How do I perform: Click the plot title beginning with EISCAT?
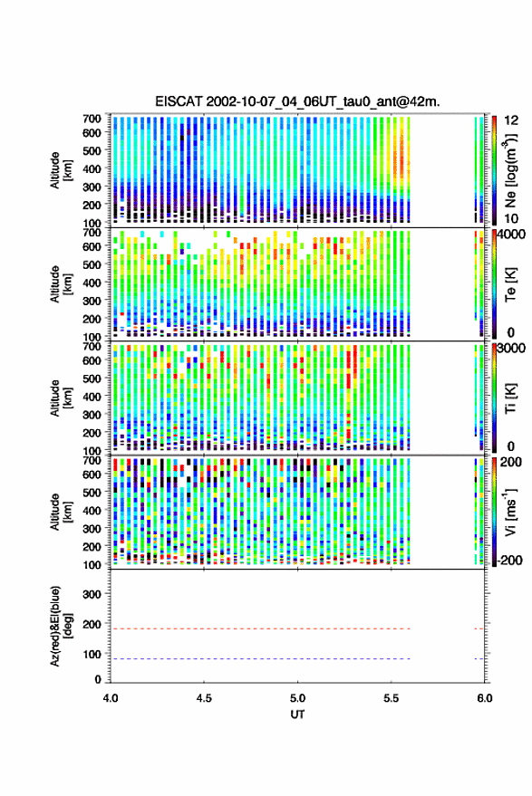click(x=297, y=101)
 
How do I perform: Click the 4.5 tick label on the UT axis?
click(x=204, y=698)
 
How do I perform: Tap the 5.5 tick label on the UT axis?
click(x=392, y=698)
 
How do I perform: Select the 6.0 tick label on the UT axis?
click(x=485, y=698)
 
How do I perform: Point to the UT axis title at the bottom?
click(x=297, y=714)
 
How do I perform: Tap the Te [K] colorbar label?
click(x=510, y=284)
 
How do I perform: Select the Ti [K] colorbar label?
click(x=510, y=398)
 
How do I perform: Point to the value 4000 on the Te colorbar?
click(x=511, y=235)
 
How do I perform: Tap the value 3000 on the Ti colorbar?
click(x=511, y=349)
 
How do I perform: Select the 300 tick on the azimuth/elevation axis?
click(x=92, y=594)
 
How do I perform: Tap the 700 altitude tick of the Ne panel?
click(x=92, y=119)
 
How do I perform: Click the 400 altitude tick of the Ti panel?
click(x=92, y=397)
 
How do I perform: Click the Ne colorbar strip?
click(x=495, y=170)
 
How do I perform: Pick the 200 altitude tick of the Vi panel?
click(x=92, y=547)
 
